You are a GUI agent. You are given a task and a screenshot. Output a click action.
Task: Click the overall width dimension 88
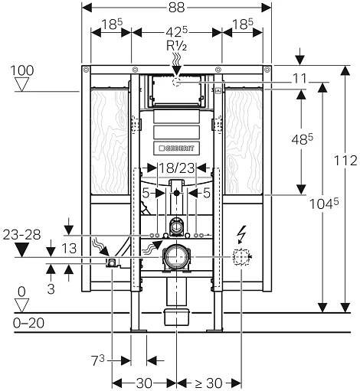click(176, 8)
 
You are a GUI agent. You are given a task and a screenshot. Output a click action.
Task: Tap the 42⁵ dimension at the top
click(177, 32)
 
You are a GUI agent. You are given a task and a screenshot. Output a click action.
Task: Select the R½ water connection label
click(176, 46)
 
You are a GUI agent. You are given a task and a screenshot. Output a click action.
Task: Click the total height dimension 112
click(345, 161)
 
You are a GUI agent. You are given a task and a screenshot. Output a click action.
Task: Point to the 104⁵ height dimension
click(324, 204)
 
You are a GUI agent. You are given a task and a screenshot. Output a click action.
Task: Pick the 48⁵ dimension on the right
click(302, 139)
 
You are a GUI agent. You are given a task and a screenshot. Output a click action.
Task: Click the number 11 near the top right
click(299, 79)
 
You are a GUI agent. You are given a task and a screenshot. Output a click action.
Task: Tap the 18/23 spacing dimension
click(177, 168)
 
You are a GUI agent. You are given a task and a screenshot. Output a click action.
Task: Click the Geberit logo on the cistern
click(176, 148)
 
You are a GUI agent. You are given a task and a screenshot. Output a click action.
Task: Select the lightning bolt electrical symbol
click(241, 234)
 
